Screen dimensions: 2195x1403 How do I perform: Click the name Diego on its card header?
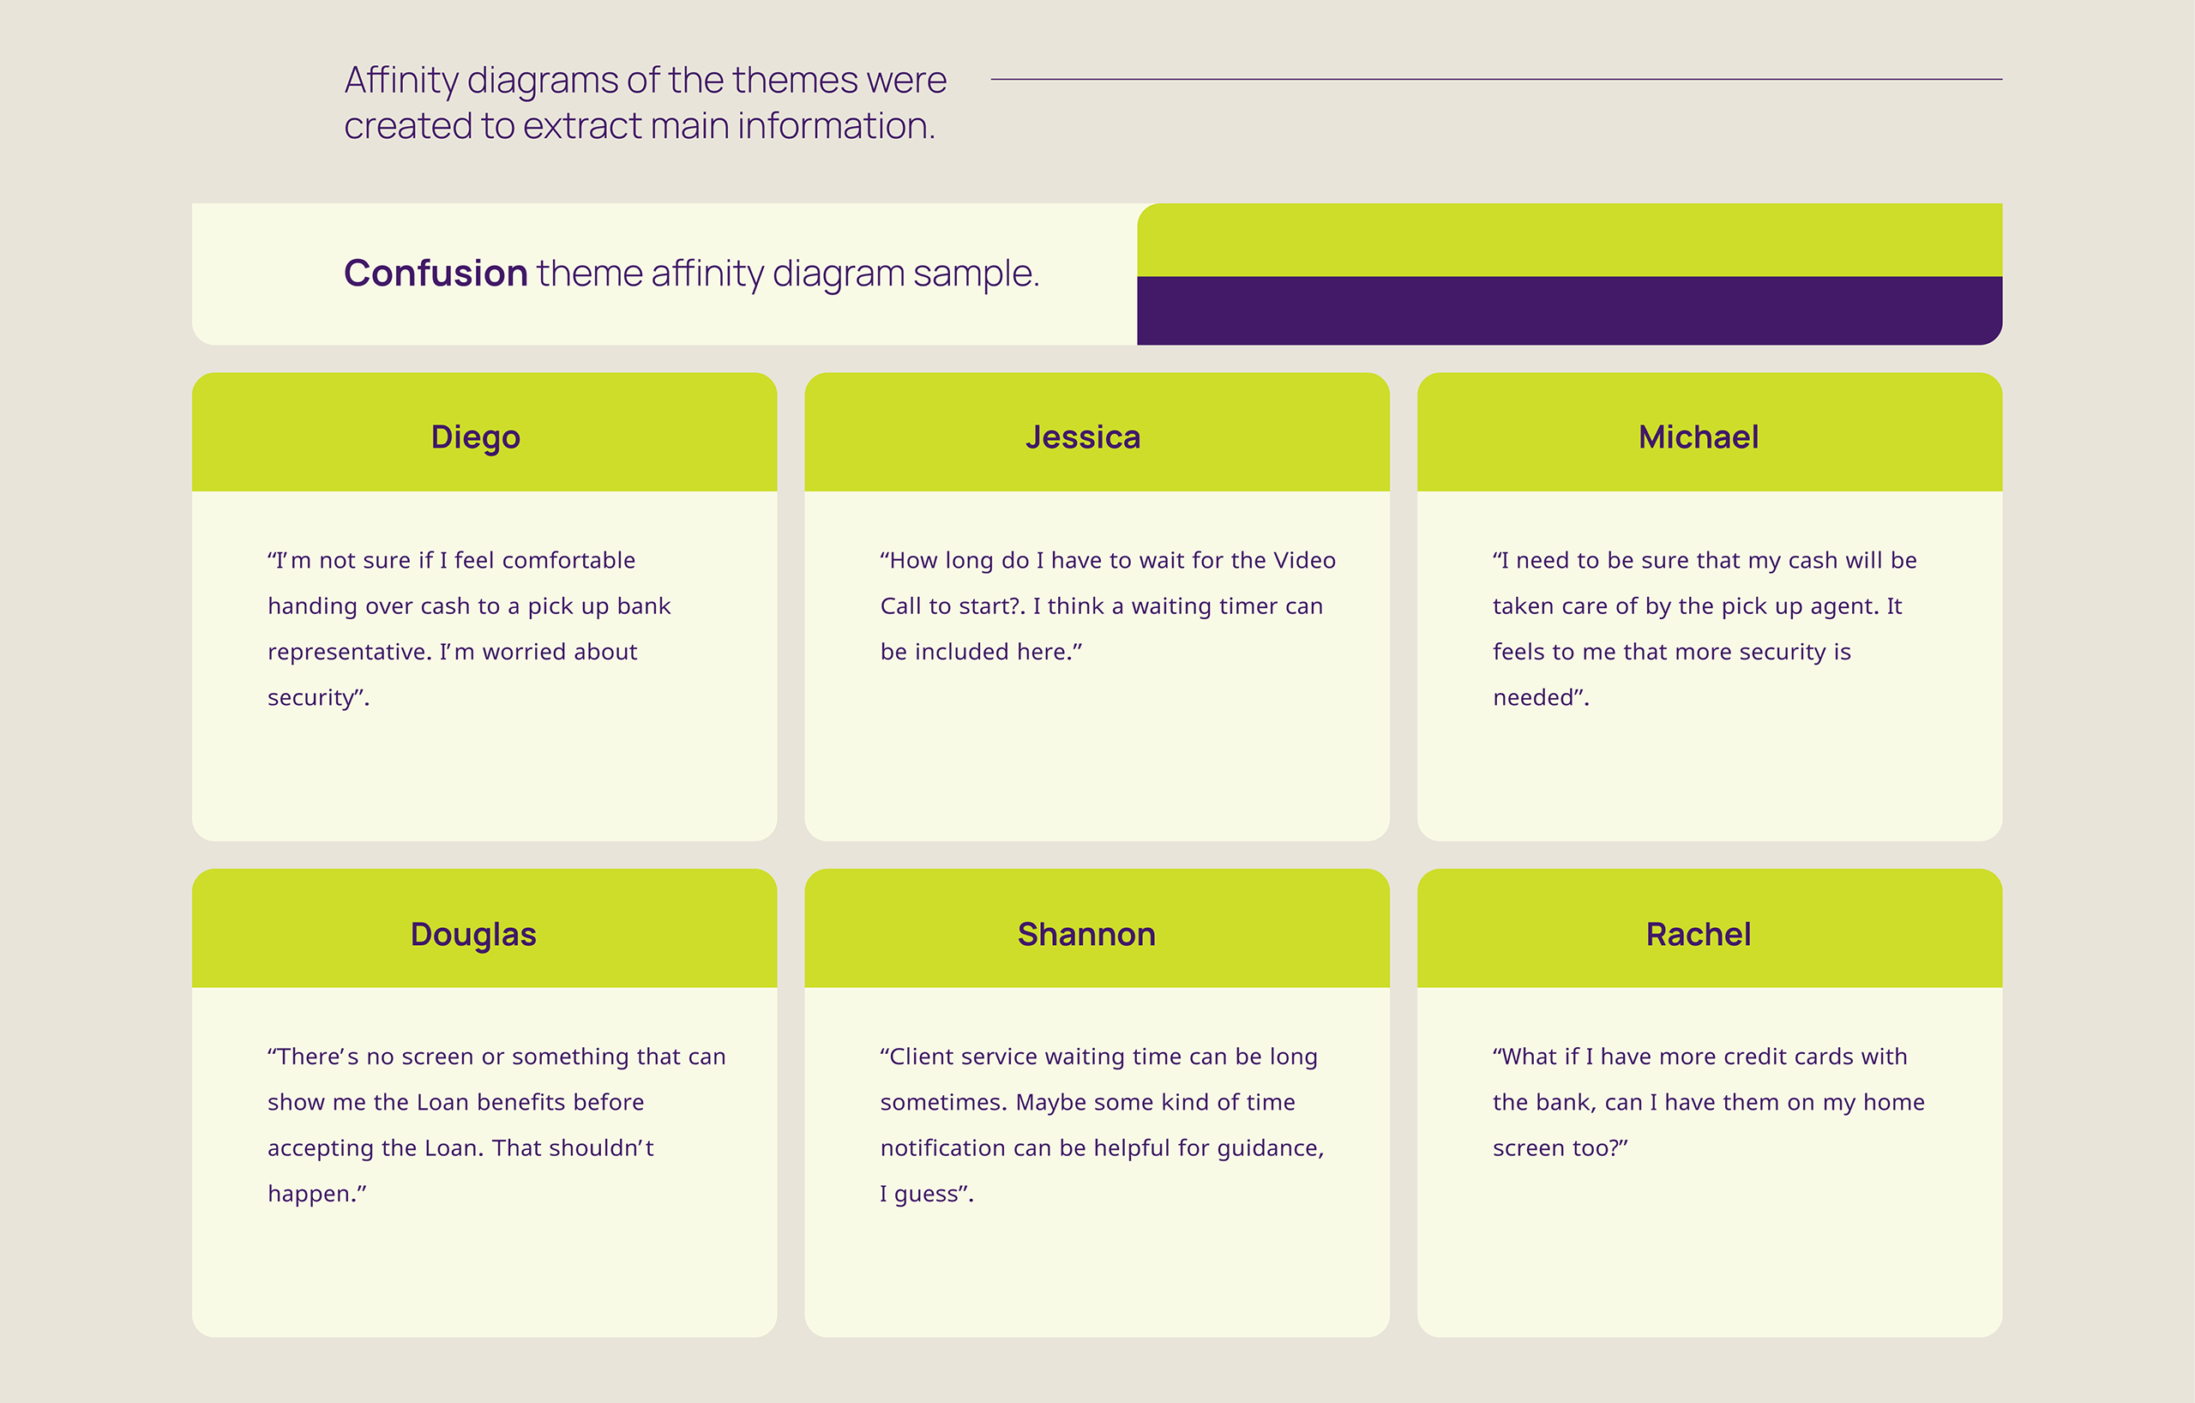point(475,437)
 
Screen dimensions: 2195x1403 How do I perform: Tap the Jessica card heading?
point(1083,437)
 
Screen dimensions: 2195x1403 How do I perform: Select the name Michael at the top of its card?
point(1699,437)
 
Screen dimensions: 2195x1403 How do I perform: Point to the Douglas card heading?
point(473,935)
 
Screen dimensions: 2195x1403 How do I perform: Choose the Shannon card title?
point(1086,935)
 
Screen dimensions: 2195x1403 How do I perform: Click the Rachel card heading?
point(1699,935)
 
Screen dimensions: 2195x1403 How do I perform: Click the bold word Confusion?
point(436,273)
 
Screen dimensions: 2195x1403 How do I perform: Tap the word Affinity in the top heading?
point(401,81)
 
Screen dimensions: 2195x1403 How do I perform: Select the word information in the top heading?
point(836,126)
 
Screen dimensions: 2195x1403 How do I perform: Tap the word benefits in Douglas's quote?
point(533,1102)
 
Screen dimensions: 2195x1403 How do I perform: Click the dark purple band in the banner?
point(1570,310)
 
